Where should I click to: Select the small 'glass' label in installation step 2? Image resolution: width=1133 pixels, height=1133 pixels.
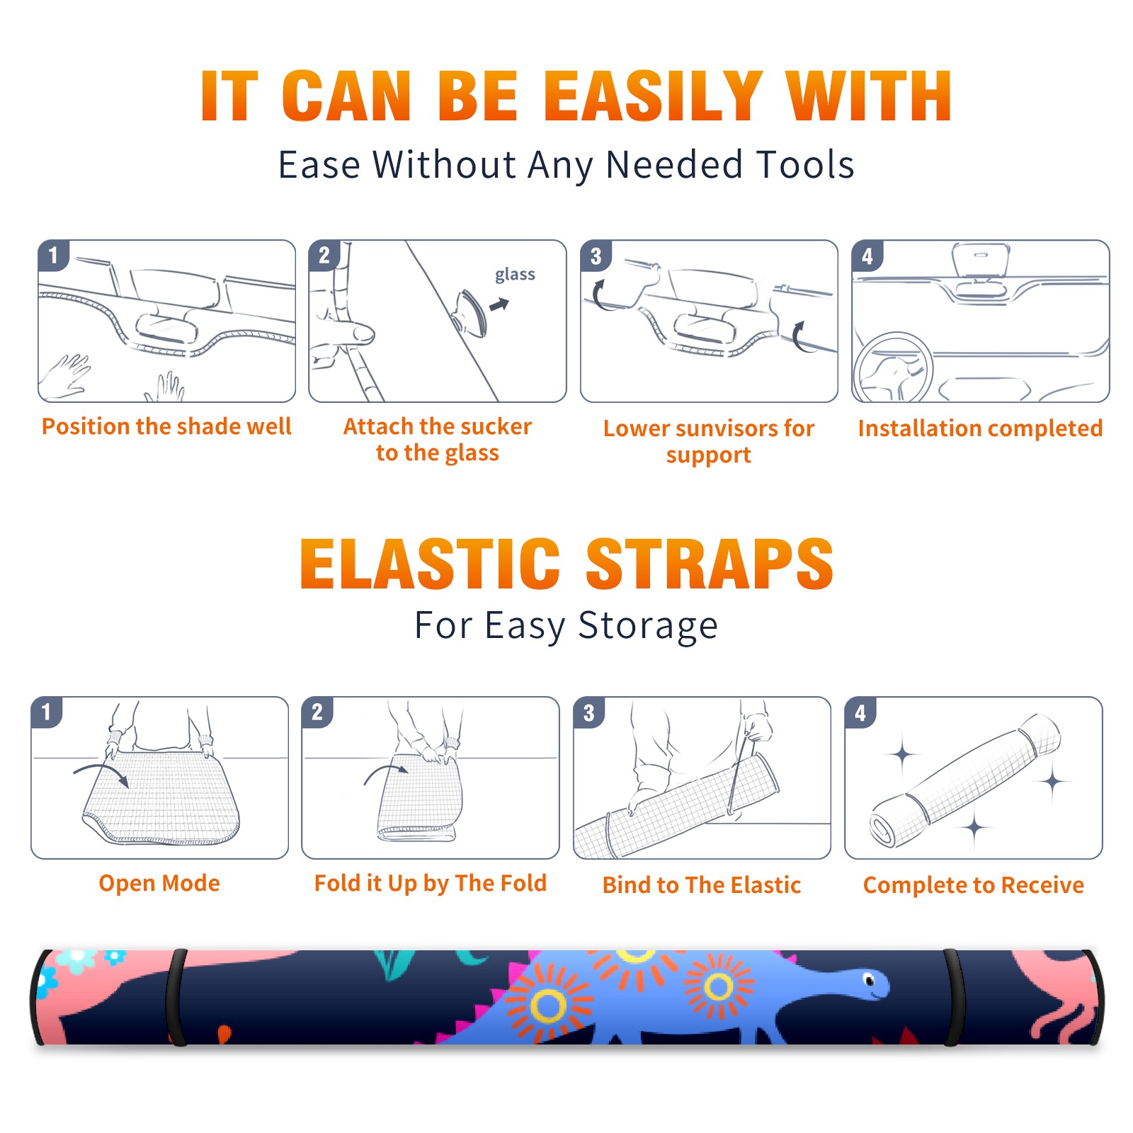coord(515,275)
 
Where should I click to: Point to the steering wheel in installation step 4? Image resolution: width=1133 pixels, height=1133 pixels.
coord(893,368)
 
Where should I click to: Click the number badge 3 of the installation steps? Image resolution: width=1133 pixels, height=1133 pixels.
coord(596,256)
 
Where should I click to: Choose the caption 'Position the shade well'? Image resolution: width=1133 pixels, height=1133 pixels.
coord(166,426)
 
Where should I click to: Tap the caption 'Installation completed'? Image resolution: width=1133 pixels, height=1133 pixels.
coord(980,428)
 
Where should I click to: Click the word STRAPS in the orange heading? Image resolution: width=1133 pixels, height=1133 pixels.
coord(710,564)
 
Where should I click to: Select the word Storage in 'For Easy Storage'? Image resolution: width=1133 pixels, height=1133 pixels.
coord(648,626)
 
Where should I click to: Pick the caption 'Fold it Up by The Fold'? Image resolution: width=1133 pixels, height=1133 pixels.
coord(431,883)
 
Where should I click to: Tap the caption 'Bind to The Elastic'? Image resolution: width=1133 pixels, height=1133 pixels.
coord(702,885)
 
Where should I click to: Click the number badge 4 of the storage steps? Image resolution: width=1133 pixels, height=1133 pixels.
coord(860,712)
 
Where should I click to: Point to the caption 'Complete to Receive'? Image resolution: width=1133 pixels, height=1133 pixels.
coord(974,885)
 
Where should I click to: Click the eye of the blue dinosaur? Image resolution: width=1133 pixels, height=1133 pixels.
coord(870,980)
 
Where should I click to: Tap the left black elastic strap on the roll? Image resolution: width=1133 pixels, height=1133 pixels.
coord(176,998)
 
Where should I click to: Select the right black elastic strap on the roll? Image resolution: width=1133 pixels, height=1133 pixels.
coord(954,998)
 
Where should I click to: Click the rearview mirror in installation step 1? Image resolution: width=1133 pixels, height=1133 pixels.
coord(166,327)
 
